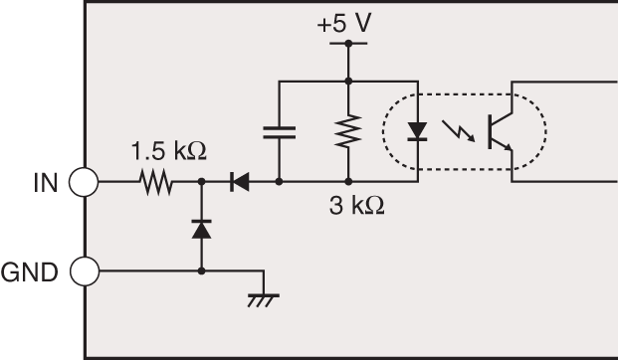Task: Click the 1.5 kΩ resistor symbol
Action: (x=155, y=183)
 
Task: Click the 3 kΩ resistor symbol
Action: (x=348, y=130)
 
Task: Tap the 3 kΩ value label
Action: (x=355, y=208)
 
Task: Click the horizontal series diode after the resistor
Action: (x=239, y=183)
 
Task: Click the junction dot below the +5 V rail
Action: (x=348, y=80)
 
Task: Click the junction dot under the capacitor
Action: (x=280, y=183)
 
